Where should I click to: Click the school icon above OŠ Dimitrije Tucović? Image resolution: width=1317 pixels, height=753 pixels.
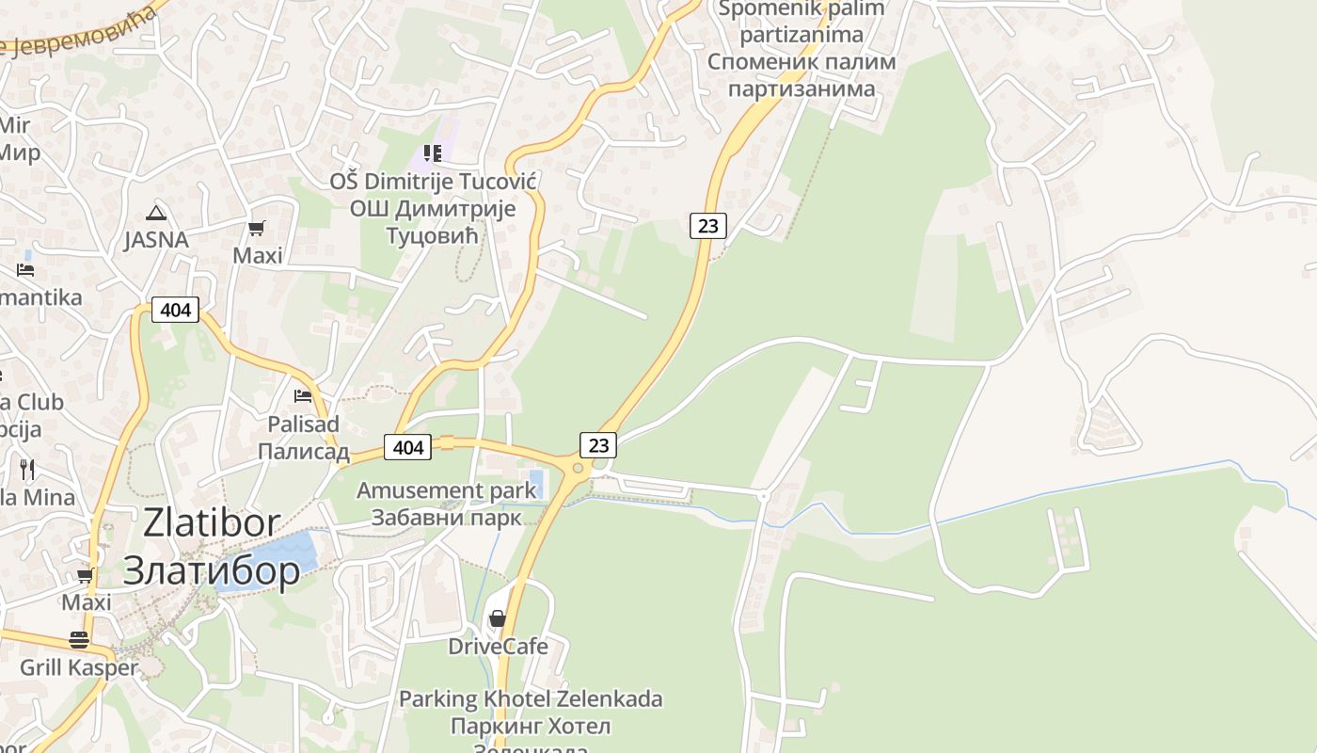pyautogui.click(x=433, y=153)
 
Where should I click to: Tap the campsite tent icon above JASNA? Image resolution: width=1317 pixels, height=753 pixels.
pyautogui.click(x=156, y=213)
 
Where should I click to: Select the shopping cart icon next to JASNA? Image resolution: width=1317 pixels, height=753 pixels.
pyautogui.click(x=257, y=228)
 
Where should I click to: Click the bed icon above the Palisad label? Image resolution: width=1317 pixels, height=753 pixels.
pyautogui.click(x=303, y=396)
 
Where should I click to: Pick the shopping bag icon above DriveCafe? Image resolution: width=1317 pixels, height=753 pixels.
pyautogui.click(x=498, y=618)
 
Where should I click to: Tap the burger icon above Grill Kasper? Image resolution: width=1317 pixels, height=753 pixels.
pyautogui.click(x=79, y=640)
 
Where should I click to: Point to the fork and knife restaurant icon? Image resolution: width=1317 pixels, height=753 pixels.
pyautogui.click(x=27, y=468)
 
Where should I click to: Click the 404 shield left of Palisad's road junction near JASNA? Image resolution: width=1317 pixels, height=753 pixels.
pyautogui.click(x=176, y=309)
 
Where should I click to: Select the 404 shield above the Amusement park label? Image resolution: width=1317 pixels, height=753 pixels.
pyautogui.click(x=408, y=447)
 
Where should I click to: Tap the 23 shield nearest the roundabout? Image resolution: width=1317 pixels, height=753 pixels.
pyautogui.click(x=598, y=444)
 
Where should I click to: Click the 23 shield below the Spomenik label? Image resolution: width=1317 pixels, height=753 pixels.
pyautogui.click(x=708, y=225)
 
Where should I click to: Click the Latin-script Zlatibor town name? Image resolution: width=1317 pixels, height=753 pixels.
pyautogui.click(x=212, y=523)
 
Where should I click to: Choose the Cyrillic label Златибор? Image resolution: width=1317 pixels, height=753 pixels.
pyautogui.click(x=212, y=569)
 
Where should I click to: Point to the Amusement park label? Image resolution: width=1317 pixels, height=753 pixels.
pyautogui.click(x=446, y=490)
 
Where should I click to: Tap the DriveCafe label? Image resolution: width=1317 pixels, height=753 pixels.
pyautogui.click(x=498, y=646)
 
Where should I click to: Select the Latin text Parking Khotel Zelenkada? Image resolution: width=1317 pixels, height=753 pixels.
pyautogui.click(x=531, y=699)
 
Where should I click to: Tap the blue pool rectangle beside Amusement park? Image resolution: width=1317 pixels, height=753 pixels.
pyautogui.click(x=536, y=483)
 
